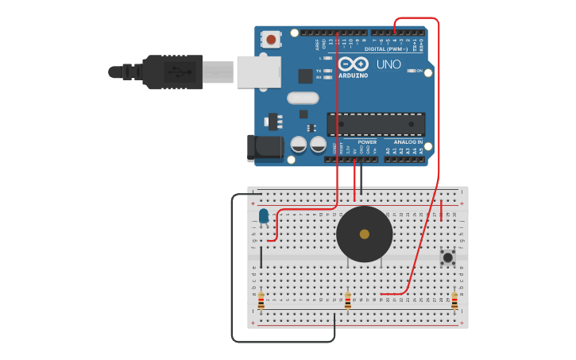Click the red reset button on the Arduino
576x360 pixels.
point(272,39)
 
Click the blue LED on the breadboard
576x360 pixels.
point(264,215)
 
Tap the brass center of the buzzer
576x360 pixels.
point(365,234)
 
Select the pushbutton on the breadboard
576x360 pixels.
point(448,257)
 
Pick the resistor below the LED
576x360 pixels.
point(261,301)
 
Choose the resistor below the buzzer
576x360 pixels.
point(348,301)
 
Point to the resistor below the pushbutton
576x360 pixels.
point(454,301)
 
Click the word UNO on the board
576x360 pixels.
point(389,64)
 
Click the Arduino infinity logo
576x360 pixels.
point(353,64)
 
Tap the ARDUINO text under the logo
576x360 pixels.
point(353,75)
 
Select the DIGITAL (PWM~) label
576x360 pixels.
point(386,48)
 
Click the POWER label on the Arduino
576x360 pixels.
point(367,142)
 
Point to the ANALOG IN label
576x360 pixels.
point(408,142)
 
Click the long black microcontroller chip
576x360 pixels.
point(376,124)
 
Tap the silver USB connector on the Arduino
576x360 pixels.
point(258,72)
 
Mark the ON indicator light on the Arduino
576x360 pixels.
point(412,71)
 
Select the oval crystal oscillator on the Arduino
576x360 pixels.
point(303,98)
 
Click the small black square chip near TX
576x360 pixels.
point(305,75)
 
